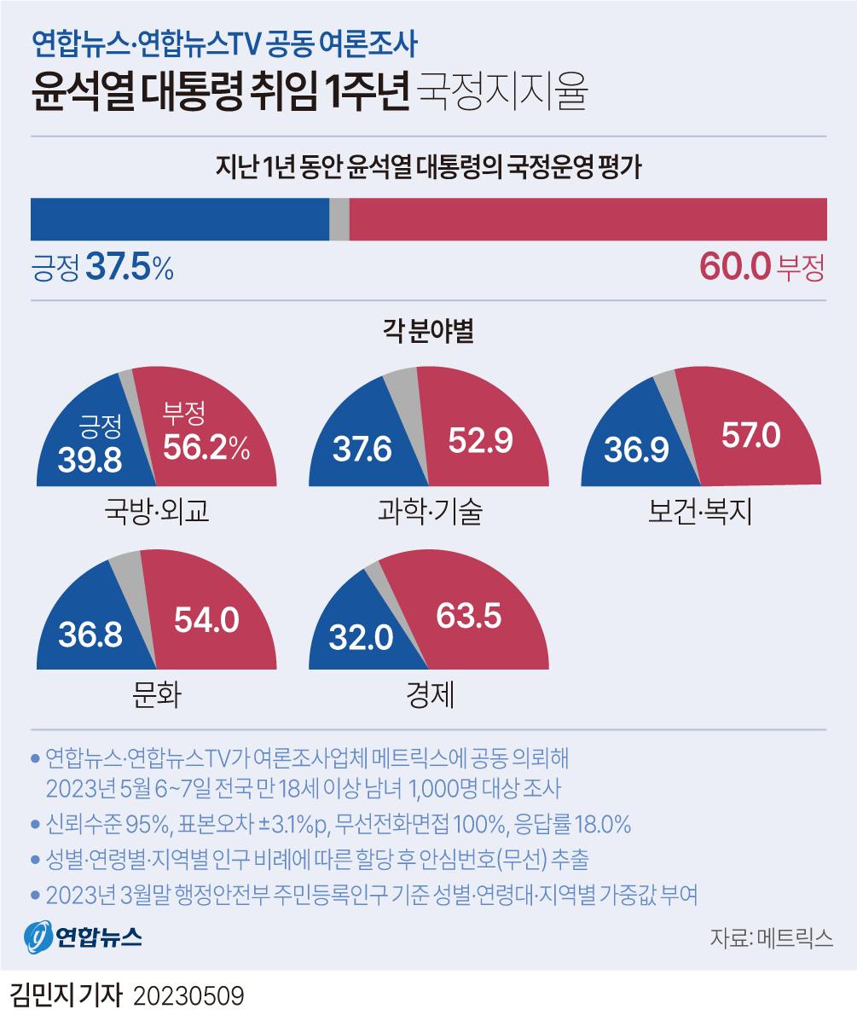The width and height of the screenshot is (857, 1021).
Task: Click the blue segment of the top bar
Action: pos(179,219)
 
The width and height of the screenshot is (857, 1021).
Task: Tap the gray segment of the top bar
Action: pos(339,219)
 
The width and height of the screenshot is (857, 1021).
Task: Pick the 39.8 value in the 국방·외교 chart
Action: pos(90,461)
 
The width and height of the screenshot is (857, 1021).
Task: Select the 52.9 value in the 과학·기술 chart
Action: pos(479,441)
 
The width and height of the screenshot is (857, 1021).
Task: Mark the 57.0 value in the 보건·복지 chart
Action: pos(750,436)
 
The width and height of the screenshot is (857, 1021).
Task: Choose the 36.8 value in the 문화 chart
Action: pos(90,635)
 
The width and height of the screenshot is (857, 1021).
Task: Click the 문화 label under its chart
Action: pos(157,695)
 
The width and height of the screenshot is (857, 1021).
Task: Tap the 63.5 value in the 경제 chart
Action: pos(468,616)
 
